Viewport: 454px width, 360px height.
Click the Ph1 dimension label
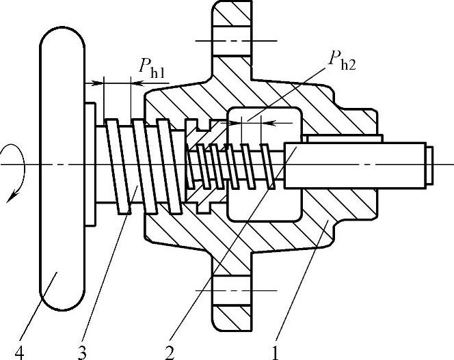[x=152, y=67]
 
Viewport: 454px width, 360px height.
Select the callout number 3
[x=83, y=352]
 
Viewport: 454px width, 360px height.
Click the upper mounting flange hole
[x=235, y=42]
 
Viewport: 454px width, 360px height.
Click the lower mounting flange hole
[x=235, y=291]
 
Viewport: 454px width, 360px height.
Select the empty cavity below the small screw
[x=263, y=205]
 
